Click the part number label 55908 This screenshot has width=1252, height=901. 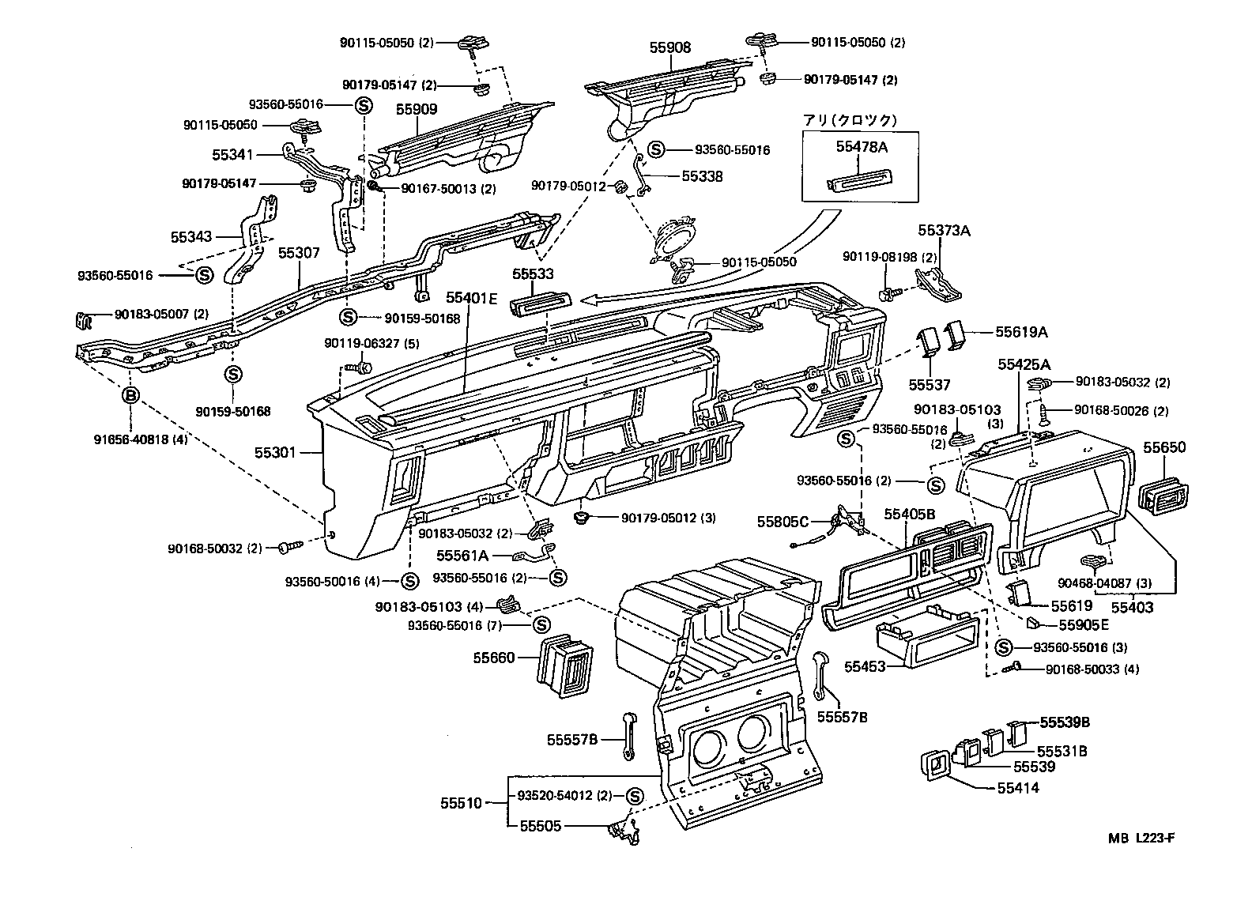(669, 47)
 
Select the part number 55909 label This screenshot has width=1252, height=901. (417, 109)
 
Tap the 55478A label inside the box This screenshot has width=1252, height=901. (861, 147)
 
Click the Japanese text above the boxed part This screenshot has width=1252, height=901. (850, 121)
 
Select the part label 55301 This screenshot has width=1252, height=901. (275, 453)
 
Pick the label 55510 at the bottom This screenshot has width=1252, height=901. (461, 803)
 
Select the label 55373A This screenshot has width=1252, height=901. (943, 230)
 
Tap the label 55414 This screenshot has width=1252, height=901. (1018, 788)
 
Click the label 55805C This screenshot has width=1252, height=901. (782, 521)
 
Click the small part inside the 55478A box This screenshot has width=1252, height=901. (860, 181)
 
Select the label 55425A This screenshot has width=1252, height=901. (1024, 364)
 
